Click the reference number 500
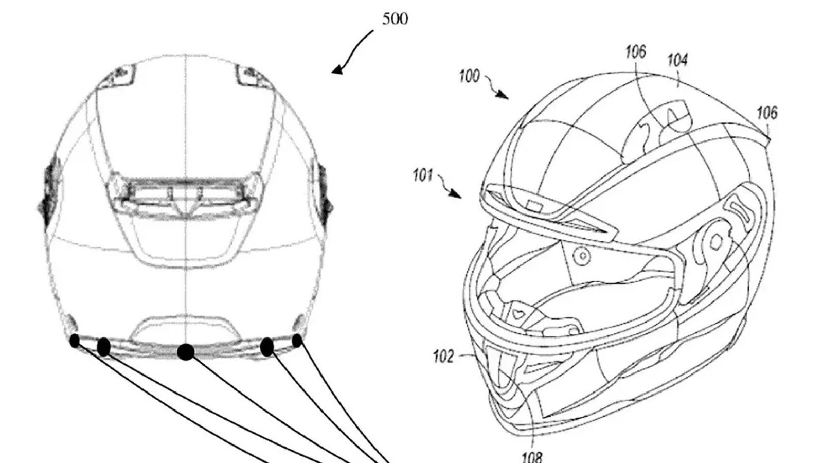click(395, 19)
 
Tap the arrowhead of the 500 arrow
click(336, 70)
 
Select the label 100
click(470, 77)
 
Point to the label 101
click(423, 175)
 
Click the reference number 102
click(443, 357)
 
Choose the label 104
click(677, 60)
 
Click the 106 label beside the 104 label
click(636, 52)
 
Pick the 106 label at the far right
click(767, 113)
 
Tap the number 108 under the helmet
click(532, 457)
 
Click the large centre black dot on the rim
click(186, 352)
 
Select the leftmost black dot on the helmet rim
click(75, 341)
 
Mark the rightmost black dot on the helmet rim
click(297, 341)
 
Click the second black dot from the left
click(103, 347)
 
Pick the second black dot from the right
click(267, 347)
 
